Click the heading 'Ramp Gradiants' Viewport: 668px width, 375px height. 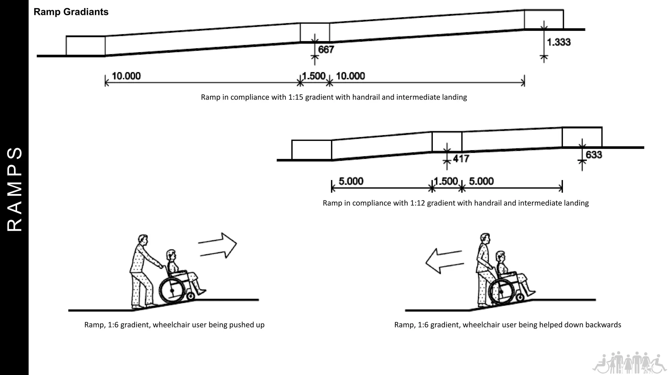coord(71,12)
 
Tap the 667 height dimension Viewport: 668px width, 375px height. coord(326,49)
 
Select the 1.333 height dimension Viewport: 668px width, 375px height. coord(558,42)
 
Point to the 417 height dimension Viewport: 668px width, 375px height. coord(461,159)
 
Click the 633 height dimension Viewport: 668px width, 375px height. coord(594,155)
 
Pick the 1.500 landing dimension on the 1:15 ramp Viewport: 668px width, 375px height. coord(314,76)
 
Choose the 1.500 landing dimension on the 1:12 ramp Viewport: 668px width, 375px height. coord(446,181)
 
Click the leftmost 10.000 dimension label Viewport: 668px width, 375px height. coord(126,76)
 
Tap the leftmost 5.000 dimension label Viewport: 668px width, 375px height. coord(351,181)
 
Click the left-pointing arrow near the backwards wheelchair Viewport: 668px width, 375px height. coord(444,261)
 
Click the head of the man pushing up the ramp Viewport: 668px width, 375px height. coord(143,240)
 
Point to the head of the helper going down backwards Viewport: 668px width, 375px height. coord(485,239)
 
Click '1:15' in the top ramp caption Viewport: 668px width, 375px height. coord(296,97)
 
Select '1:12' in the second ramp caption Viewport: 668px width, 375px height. coord(417,203)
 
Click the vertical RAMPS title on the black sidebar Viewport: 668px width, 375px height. coord(14,189)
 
